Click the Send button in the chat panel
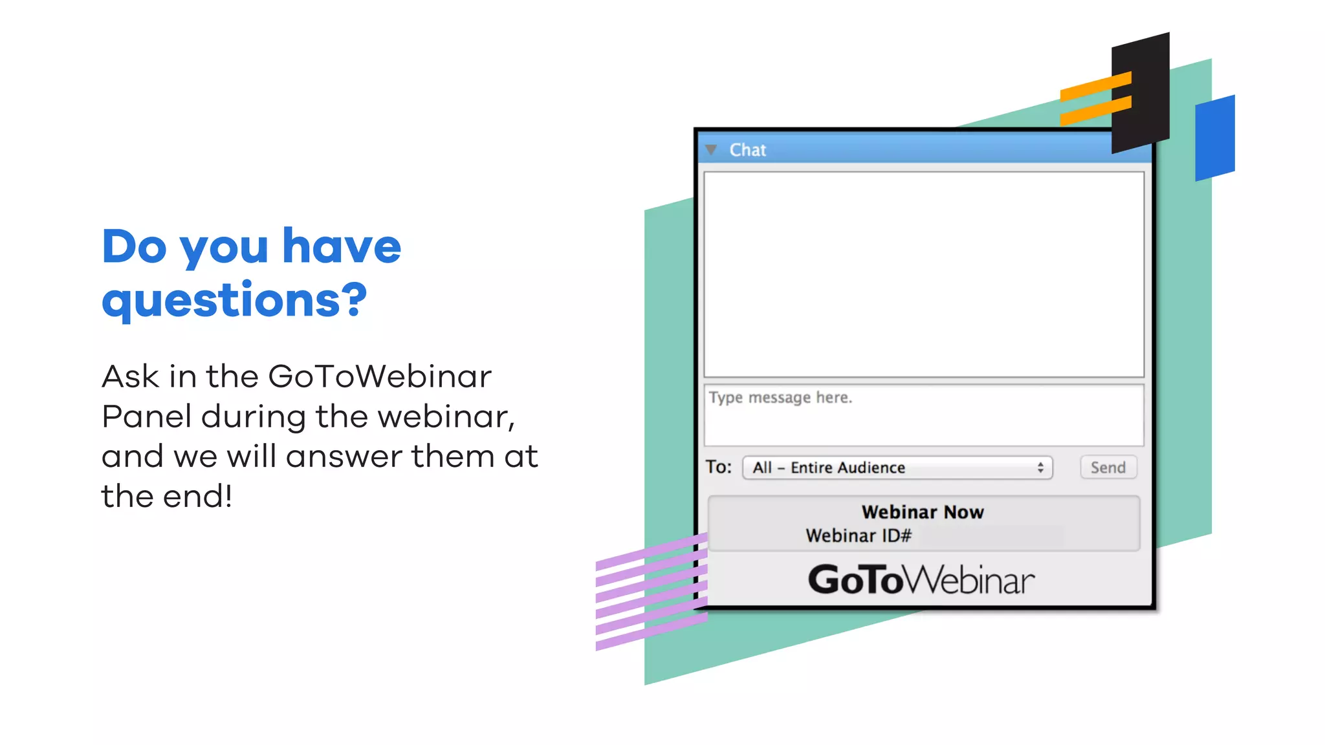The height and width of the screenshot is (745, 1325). [x=1108, y=468]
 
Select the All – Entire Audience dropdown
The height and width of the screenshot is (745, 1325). [x=897, y=468]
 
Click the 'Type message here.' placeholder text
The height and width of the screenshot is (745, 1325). [x=780, y=397]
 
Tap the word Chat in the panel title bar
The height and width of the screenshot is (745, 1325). [x=747, y=150]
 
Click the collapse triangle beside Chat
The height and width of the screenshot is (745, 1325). [x=711, y=150]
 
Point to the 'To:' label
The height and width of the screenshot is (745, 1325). [x=718, y=467]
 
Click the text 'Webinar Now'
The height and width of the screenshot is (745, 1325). [x=923, y=512]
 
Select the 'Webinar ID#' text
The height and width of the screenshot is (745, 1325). [x=859, y=535]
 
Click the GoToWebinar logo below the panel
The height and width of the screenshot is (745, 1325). [x=921, y=579]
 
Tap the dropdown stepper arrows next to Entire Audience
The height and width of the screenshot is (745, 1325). [x=1040, y=468]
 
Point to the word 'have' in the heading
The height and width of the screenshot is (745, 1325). [x=342, y=247]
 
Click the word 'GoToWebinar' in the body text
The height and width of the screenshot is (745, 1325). [x=380, y=376]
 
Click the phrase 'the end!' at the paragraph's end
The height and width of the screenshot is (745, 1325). [x=167, y=497]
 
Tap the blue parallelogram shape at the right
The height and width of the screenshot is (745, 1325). [x=1215, y=138]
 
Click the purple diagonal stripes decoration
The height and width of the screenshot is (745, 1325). [x=650, y=592]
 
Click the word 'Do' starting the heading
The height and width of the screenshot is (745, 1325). [x=134, y=247]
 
